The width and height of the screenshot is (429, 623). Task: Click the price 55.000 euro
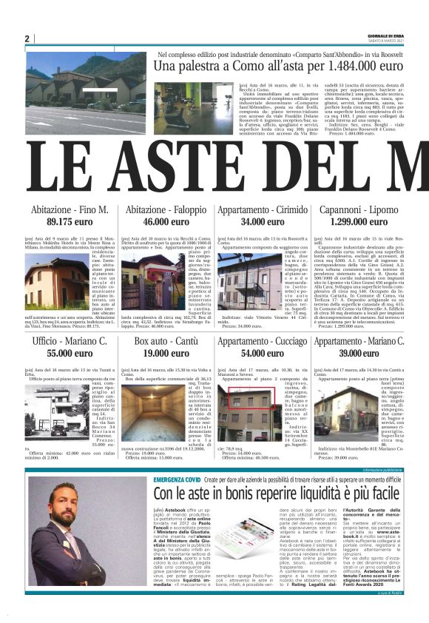pos(70,354)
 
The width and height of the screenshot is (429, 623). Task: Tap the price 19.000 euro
pos(166,354)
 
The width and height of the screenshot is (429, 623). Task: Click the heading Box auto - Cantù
pos(166,341)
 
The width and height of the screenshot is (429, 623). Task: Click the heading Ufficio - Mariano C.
pos(70,341)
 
